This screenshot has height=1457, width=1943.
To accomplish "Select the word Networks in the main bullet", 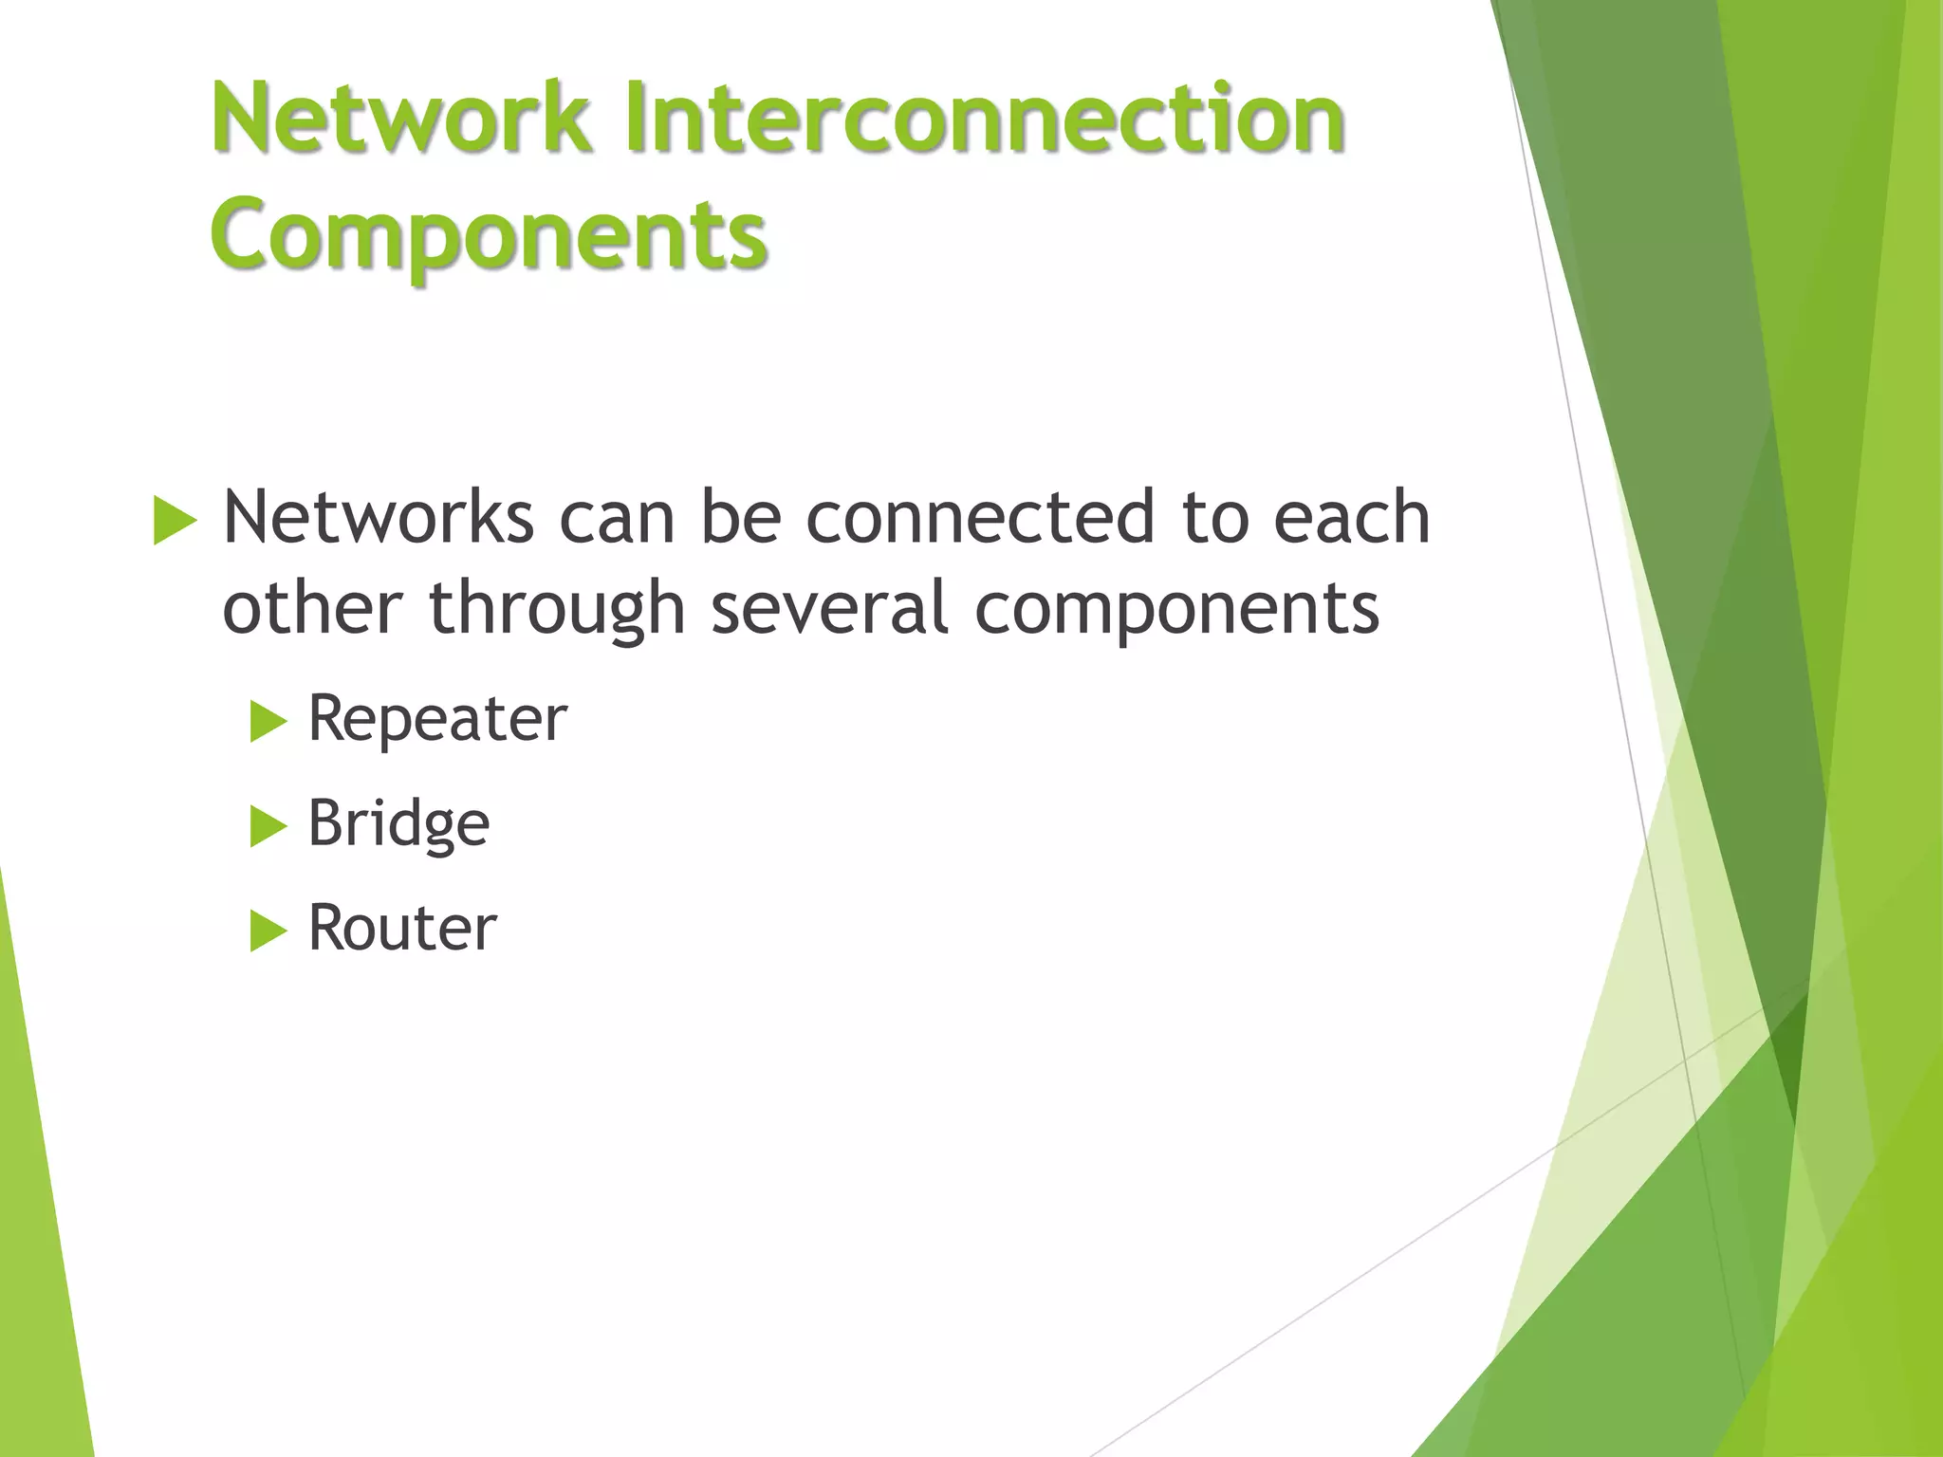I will (378, 518).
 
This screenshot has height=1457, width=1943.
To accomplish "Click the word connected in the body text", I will (980, 518).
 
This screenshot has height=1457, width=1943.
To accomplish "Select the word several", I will (830, 608).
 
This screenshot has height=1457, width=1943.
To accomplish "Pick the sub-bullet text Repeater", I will (437, 719).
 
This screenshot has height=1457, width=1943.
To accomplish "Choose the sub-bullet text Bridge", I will (398, 823).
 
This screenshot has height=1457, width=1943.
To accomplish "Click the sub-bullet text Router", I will (402, 928).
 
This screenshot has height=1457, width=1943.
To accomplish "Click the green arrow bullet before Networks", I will (174, 521).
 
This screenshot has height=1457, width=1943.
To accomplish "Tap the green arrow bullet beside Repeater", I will (268, 722).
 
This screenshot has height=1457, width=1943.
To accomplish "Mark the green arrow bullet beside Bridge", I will (268, 826).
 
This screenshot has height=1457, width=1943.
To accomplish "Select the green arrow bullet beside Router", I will (268, 931).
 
